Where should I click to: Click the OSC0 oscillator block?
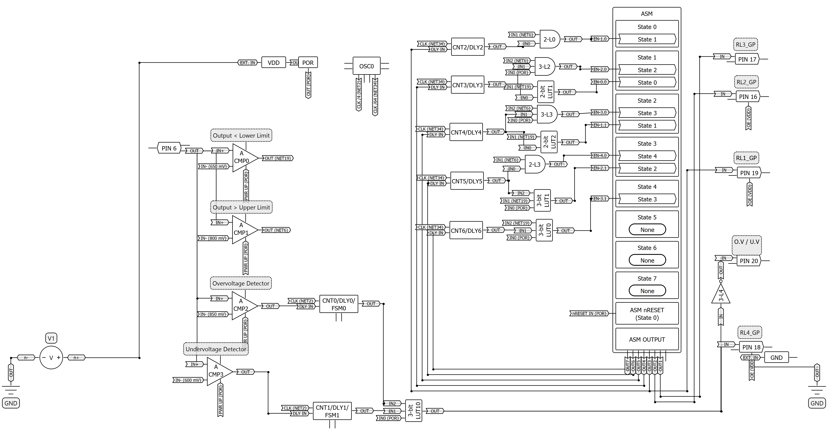pyautogui.click(x=366, y=66)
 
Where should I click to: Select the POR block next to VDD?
pyautogui.click(x=308, y=63)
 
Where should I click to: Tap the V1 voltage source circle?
pyautogui.click(x=51, y=357)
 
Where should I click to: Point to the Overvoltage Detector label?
pyautogui.click(x=241, y=283)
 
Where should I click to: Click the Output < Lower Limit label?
pyautogui.click(x=241, y=135)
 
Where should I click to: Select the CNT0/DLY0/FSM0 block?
pyautogui.click(x=339, y=304)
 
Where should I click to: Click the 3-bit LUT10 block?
pyautogui.click(x=414, y=411)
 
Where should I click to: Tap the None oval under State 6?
pyautogui.click(x=647, y=260)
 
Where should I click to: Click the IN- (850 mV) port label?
pyautogui.click(x=213, y=314)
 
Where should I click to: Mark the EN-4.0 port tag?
pyautogui.click(x=600, y=156)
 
